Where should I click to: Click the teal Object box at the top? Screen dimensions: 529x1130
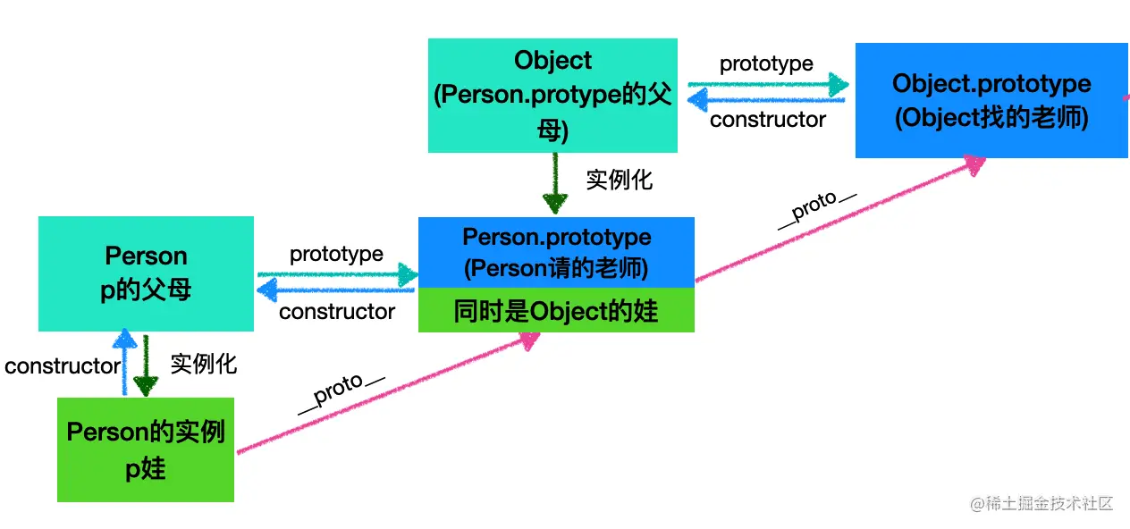pos(552,96)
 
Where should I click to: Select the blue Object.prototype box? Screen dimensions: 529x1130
pos(991,101)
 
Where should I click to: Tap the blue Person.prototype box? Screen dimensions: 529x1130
pos(556,252)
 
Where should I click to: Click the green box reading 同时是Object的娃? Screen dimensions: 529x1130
pos(556,310)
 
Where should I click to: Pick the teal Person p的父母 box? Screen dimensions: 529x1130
pos(146,273)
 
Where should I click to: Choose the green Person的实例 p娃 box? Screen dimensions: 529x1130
pos(146,449)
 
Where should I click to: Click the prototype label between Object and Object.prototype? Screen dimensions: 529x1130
pos(766,63)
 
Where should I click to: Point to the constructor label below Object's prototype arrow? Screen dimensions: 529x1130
pos(768,119)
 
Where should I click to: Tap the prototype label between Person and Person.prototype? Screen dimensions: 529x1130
pos(336,254)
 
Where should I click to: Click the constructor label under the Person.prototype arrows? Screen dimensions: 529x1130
pos(337,311)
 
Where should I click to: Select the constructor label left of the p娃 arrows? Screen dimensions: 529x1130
pos(62,365)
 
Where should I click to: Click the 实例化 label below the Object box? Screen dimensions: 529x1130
pos(620,180)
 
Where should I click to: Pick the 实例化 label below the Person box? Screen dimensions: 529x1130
pos(204,364)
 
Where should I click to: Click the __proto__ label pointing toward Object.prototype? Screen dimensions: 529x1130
pos(816,211)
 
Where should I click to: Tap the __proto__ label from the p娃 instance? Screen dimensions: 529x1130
pos(341,393)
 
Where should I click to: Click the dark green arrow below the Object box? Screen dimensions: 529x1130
pos(555,183)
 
